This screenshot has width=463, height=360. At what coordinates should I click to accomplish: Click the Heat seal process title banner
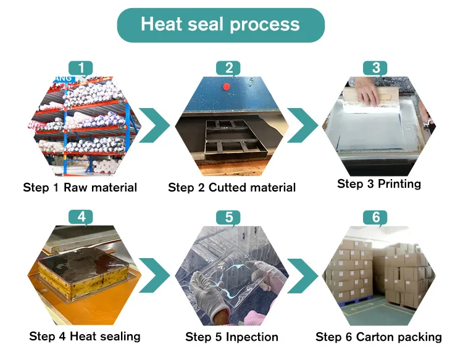tap(220, 25)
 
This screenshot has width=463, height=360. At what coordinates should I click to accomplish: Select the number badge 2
tap(228, 68)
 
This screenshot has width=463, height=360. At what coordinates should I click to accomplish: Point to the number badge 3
tap(375, 68)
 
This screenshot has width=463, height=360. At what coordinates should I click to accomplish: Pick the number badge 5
tap(228, 217)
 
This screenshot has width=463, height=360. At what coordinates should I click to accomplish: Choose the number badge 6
tap(375, 217)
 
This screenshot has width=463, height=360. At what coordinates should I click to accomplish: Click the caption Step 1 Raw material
tap(80, 187)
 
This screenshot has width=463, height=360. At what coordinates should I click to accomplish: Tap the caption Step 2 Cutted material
tap(232, 187)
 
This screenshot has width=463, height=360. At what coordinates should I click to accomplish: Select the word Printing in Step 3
tap(399, 183)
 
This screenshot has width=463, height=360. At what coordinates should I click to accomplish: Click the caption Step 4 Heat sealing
tap(85, 336)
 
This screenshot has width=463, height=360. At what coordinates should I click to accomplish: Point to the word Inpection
tap(252, 337)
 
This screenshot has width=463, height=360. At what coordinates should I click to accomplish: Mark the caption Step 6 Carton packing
tap(378, 337)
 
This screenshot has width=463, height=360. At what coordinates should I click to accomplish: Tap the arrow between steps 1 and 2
tap(154, 125)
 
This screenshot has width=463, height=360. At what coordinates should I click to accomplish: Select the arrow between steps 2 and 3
tap(302, 125)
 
